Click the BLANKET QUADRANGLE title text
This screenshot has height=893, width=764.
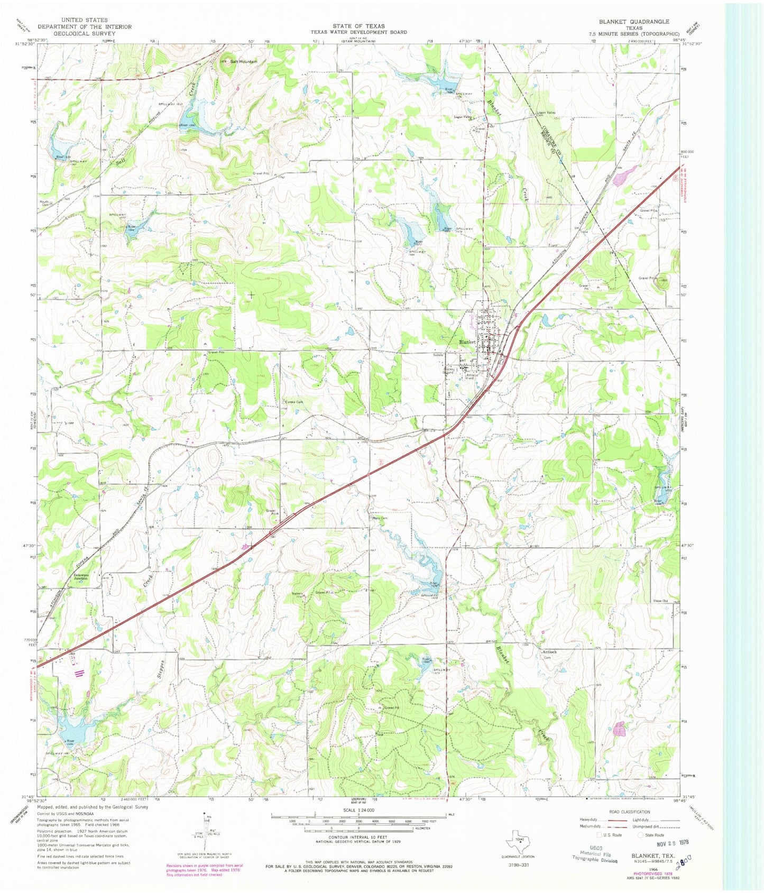[634, 22]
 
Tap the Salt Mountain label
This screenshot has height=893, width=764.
[243, 62]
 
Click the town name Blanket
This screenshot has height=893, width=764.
[467, 342]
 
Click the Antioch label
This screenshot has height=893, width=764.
[549, 652]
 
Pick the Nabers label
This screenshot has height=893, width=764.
[298, 593]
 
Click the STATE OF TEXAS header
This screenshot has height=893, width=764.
[358, 25]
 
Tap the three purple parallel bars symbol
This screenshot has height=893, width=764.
[80, 673]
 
